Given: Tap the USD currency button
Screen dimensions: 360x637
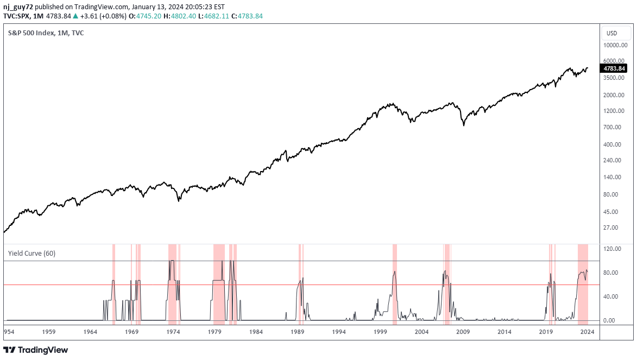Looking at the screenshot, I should pyautogui.click(x=611, y=33).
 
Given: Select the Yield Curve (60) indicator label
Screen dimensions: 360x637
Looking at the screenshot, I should pyautogui.click(x=31, y=253).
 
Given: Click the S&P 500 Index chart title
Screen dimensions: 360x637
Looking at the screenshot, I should pyautogui.click(x=46, y=33).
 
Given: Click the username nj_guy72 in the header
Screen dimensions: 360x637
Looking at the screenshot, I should pyautogui.click(x=18, y=7).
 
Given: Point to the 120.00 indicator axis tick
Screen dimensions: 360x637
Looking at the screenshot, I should pyautogui.click(x=614, y=249).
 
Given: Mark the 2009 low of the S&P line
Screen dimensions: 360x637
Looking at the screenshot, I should pyautogui.click(x=464, y=125).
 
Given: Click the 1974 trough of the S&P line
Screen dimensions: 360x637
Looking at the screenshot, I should pyautogui.click(x=179, y=201).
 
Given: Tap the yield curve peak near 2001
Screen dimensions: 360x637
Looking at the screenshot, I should pyautogui.click(x=394, y=271).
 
